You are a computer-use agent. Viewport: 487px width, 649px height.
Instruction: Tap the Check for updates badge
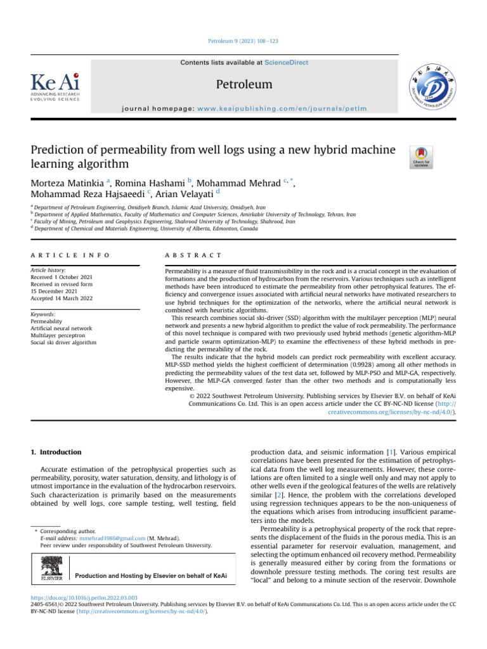coord(422,157)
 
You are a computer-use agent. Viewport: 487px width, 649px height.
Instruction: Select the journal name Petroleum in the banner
coord(244,84)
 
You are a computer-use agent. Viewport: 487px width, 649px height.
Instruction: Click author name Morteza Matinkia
coord(68,184)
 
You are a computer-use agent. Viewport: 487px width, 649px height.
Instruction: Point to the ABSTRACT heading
coord(193,255)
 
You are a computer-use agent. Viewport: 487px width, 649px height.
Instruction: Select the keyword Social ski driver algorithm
coord(63,343)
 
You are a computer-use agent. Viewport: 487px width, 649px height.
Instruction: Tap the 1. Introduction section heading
coord(56,452)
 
